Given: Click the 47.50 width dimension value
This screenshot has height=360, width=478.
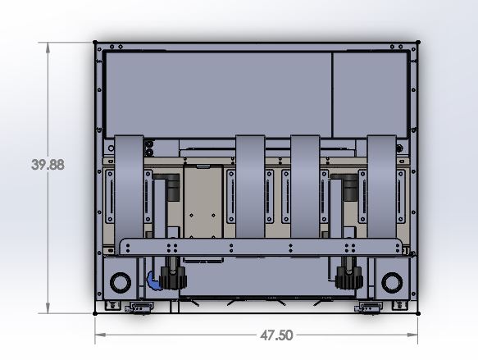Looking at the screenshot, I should coord(275,335).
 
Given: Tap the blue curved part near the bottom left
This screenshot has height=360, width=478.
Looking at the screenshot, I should coord(153,281).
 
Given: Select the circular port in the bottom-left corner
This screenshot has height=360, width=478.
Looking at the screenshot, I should coord(120,282).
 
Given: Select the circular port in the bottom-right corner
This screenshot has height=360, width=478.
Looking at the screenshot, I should coord(393,282).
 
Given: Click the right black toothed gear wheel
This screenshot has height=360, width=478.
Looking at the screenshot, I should coord(348,276).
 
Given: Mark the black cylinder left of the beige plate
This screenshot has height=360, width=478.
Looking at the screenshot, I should coord(173,189).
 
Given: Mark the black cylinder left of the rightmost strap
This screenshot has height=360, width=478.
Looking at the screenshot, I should coord(350,189).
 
